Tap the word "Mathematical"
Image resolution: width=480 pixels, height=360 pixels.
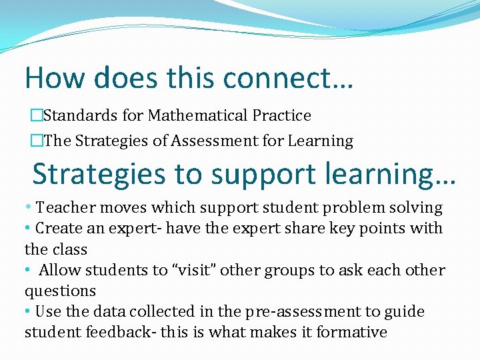198,115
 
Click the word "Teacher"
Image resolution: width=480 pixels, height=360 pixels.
63,207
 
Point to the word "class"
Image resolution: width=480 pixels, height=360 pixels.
69,249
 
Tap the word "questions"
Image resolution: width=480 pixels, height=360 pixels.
60,291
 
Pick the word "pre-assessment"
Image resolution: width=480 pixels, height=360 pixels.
296,312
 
